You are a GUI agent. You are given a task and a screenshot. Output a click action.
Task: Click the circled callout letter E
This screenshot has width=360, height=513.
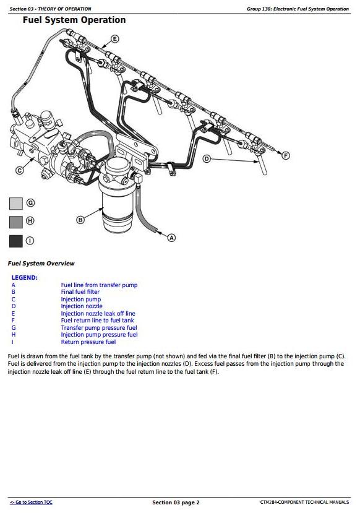115,39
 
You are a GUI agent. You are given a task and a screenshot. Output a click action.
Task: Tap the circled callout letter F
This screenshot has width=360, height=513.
286,155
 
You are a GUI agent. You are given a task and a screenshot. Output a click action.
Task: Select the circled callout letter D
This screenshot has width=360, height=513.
207,159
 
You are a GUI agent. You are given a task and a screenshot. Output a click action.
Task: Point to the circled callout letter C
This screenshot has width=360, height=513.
20,170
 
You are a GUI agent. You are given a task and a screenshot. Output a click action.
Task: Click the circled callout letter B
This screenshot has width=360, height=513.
80,220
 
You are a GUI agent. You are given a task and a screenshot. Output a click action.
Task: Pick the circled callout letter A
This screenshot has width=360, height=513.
172,238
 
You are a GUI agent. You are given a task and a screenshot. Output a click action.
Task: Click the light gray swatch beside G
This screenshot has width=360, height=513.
16,204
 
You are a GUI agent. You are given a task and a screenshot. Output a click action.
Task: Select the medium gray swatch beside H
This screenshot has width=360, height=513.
16,222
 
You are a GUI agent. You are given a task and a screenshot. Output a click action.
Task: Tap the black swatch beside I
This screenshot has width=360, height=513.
16,241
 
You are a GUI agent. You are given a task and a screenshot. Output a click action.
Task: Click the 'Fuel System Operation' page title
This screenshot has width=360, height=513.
74,20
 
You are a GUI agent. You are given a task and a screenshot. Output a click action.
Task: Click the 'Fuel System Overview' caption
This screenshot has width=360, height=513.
41,264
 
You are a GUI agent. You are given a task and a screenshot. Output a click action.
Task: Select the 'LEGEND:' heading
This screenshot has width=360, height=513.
25,278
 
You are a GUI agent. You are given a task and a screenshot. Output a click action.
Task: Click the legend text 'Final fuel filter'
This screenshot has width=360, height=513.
80,292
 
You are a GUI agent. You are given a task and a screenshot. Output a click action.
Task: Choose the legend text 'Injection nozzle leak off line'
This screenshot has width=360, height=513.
98,313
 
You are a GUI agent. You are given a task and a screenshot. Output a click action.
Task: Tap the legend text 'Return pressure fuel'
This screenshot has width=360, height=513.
88,342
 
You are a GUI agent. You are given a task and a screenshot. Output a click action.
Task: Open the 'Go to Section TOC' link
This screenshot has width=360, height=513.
31,502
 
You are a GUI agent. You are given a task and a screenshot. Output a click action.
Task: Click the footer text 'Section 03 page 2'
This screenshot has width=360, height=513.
176,502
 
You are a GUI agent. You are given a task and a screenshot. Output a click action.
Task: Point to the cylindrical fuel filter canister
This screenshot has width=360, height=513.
117,196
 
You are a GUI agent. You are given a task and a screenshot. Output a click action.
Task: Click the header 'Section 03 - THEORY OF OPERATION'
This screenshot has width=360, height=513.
50,9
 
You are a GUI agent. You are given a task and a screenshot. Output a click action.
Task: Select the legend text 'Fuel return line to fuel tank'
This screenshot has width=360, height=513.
98,321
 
